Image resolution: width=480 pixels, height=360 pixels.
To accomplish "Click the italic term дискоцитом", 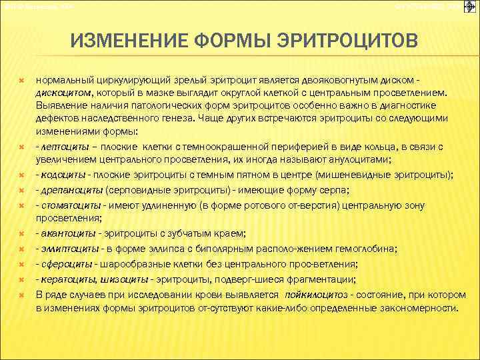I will (x=65, y=93).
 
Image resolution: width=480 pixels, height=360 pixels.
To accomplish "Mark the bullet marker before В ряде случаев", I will (x=22, y=293).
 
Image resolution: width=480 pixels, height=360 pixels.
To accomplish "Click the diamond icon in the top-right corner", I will (x=469, y=7).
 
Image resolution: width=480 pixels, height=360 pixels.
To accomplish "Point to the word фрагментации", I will (x=324, y=279).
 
